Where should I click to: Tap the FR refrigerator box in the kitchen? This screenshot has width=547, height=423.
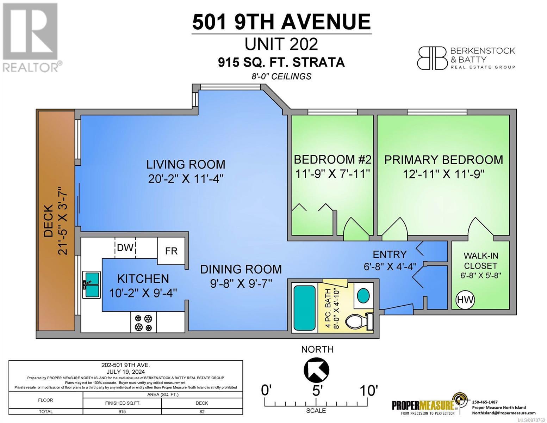click(x=171, y=251)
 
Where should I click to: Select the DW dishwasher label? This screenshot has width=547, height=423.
click(x=125, y=248)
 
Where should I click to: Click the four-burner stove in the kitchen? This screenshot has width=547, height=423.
click(x=143, y=322)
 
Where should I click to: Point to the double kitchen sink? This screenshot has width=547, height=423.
click(x=91, y=284)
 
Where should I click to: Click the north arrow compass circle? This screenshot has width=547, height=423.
click(x=316, y=369)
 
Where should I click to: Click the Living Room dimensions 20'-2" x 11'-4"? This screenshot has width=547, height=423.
click(x=186, y=179)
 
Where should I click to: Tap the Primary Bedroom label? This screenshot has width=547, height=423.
click(x=443, y=160)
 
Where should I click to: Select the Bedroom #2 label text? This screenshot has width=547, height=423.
click(x=332, y=159)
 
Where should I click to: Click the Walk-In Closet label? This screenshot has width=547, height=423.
click(x=481, y=261)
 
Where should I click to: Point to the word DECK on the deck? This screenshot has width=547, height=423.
click(x=48, y=221)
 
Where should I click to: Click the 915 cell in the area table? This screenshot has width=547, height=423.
click(x=122, y=411)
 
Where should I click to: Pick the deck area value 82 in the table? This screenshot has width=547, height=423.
click(x=202, y=411)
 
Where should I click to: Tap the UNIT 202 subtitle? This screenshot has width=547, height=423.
click(x=281, y=44)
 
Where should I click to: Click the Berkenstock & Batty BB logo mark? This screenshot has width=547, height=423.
click(x=432, y=59)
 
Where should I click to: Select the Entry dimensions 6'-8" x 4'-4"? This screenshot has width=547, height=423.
click(x=390, y=266)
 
